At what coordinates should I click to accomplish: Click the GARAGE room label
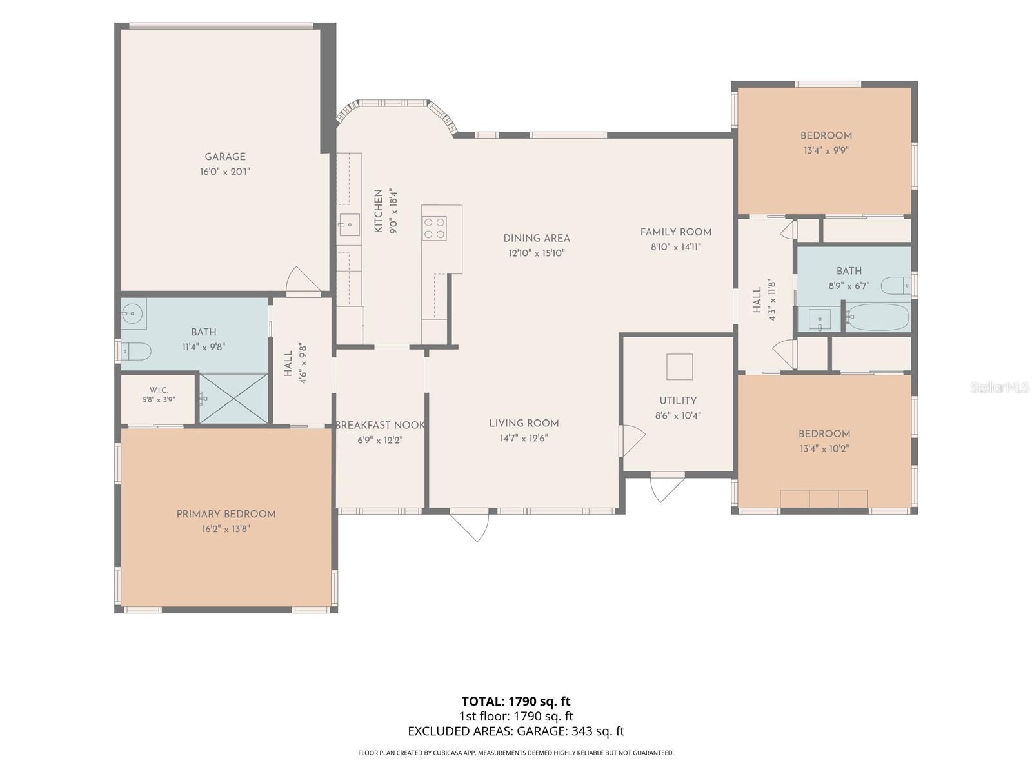pyautogui.click(x=224, y=157)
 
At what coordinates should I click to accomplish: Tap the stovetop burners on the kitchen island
pyautogui.click(x=434, y=228)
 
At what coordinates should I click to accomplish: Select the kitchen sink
pyautogui.click(x=350, y=224)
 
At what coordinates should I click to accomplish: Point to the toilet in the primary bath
pyautogui.click(x=136, y=351)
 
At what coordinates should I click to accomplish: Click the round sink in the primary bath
pyautogui.click(x=133, y=313)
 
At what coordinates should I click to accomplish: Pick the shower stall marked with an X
pyautogui.click(x=233, y=398)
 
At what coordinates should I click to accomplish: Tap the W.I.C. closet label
pyautogui.click(x=159, y=390)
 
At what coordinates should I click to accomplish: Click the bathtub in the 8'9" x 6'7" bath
pyautogui.click(x=877, y=318)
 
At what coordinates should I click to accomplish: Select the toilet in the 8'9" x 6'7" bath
pyautogui.click(x=896, y=285)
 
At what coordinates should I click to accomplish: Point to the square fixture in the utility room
pyautogui.click(x=679, y=366)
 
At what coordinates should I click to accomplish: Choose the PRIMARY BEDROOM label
pyautogui.click(x=226, y=514)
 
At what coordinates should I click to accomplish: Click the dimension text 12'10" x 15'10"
pyautogui.click(x=537, y=253)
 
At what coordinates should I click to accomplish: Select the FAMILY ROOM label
pyautogui.click(x=675, y=232)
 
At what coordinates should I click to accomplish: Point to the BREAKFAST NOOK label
pyautogui.click(x=380, y=425)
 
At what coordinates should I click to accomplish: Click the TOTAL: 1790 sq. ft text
pyautogui.click(x=516, y=701)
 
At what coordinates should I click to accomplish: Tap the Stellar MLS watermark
pyautogui.click(x=1000, y=387)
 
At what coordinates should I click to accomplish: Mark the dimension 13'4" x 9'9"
pyautogui.click(x=826, y=150)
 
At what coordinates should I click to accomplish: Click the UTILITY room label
pyautogui.click(x=677, y=401)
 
